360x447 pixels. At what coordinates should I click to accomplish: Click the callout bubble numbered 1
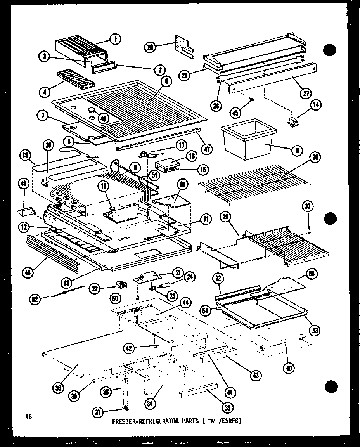tap(115, 38)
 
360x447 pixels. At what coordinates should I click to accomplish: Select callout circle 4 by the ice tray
tap(46, 92)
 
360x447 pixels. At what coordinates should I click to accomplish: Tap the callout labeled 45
tap(235, 113)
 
